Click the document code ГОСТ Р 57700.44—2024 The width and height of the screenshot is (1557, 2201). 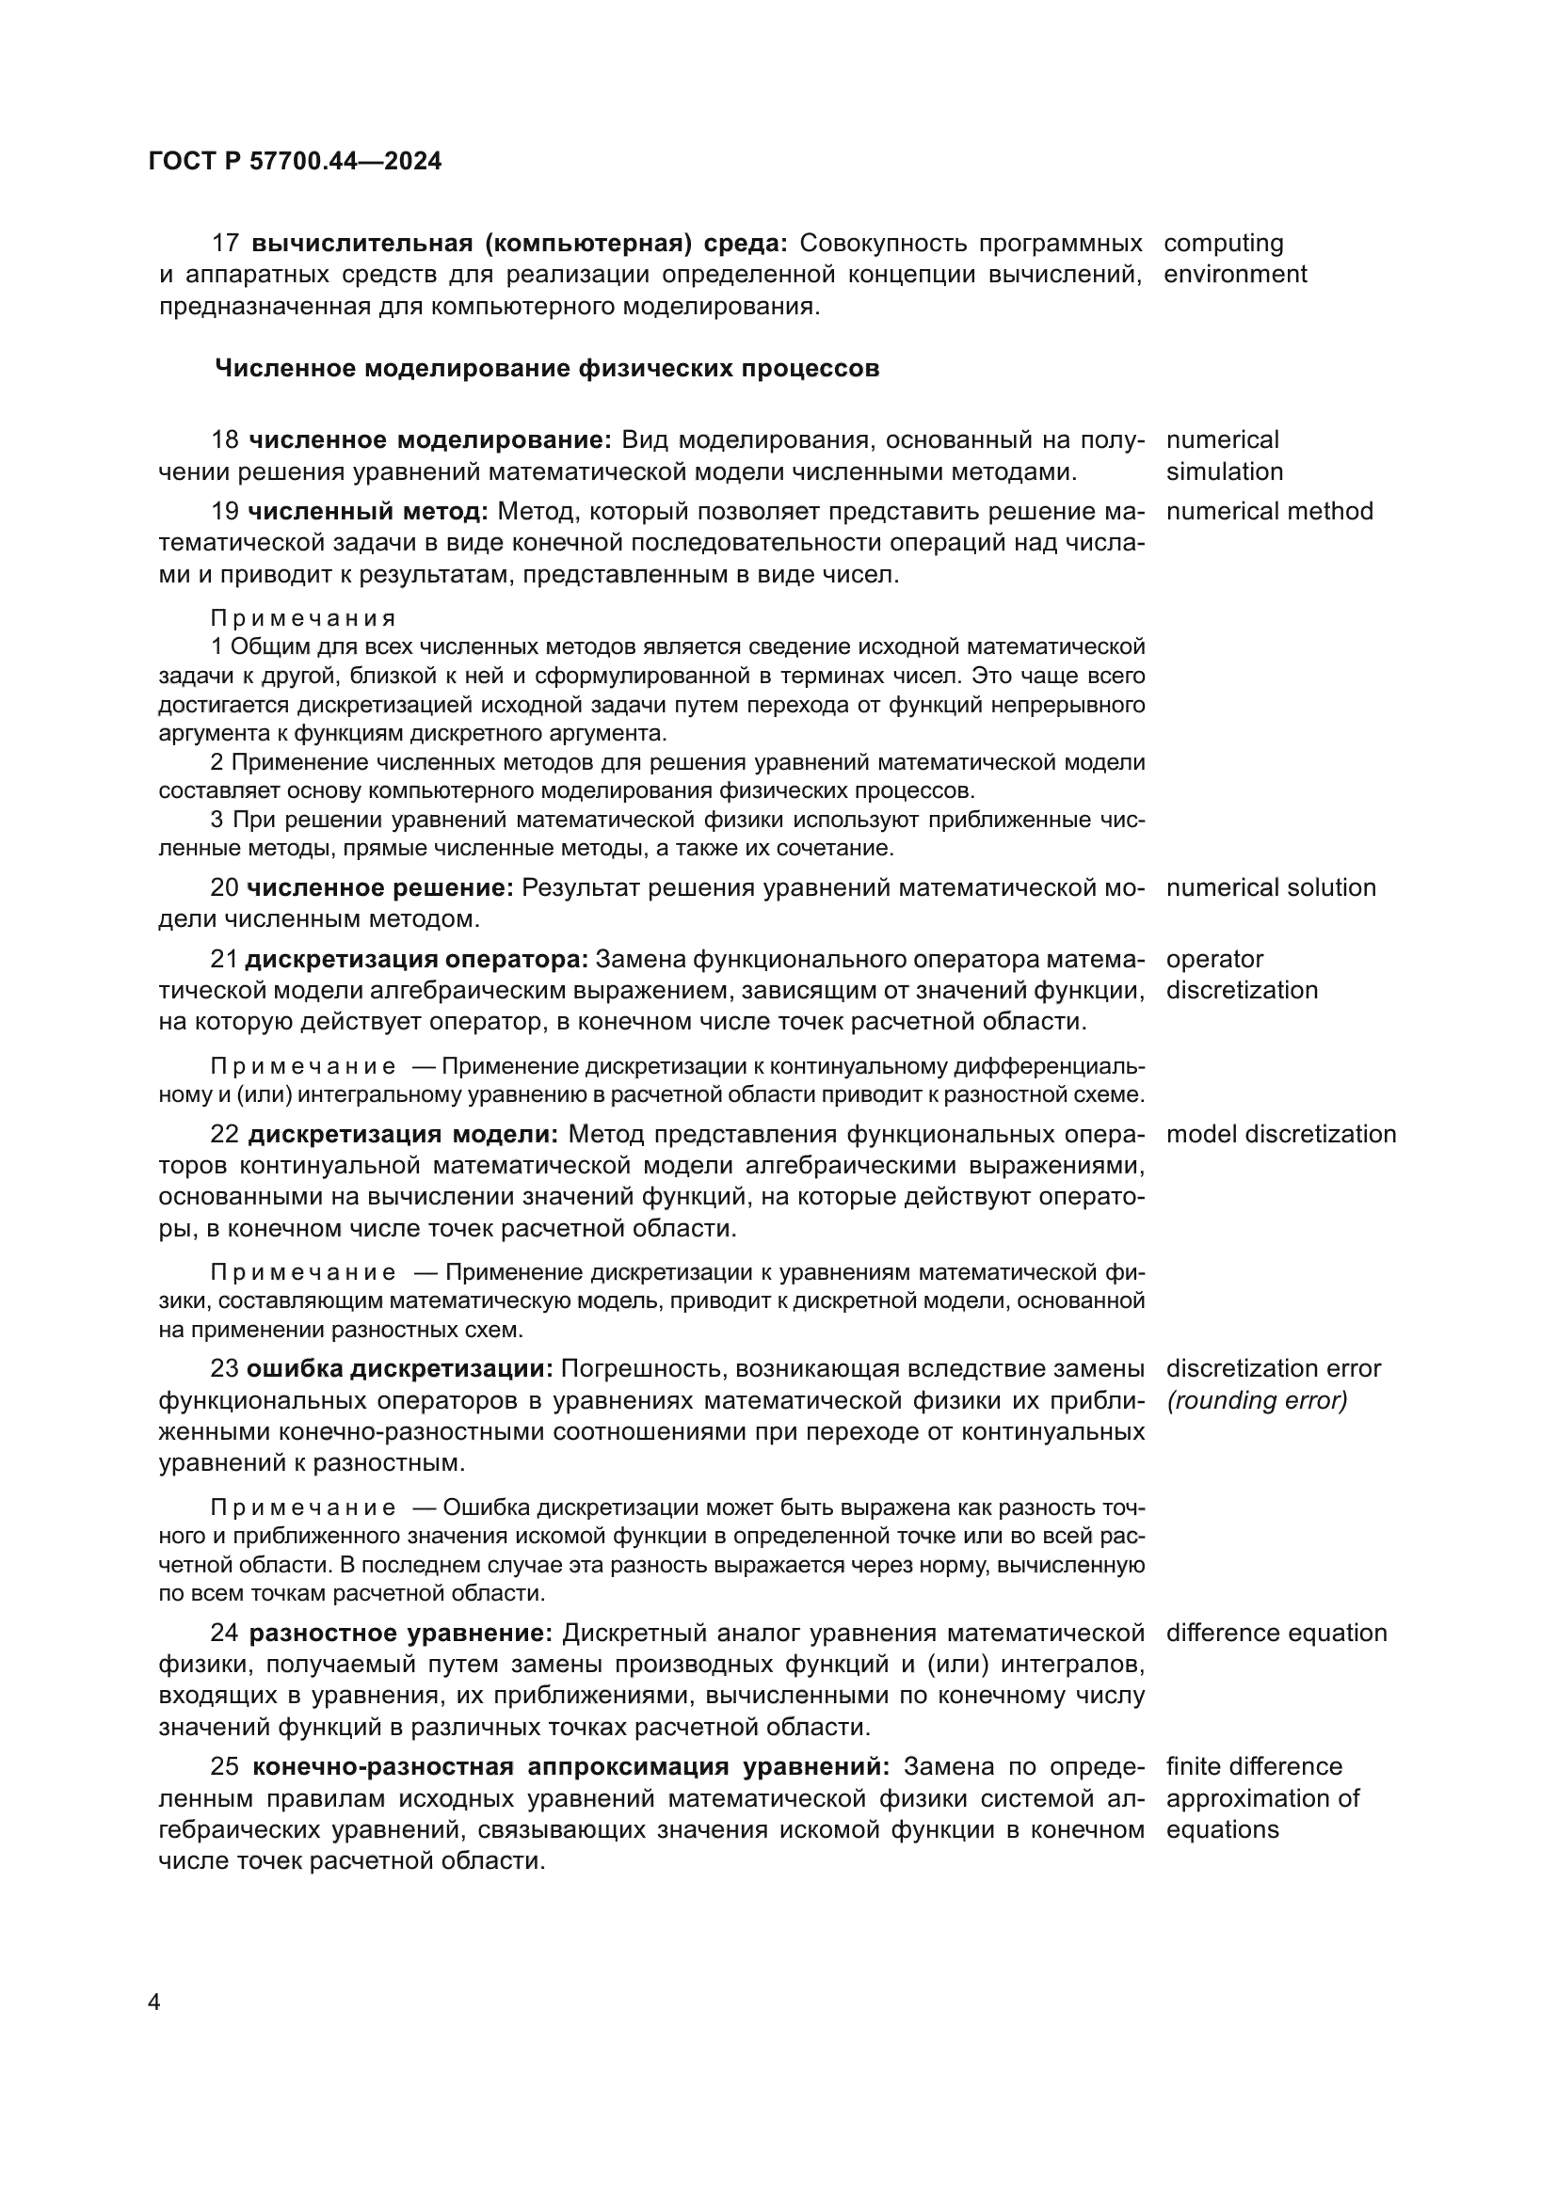(x=296, y=161)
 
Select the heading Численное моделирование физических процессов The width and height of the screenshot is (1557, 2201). (x=547, y=369)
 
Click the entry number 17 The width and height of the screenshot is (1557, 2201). (x=224, y=244)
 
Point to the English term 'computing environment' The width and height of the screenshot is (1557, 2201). (x=1234, y=259)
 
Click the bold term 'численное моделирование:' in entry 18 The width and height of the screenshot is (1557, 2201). (x=429, y=440)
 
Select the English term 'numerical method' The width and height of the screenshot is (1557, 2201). (x=1269, y=511)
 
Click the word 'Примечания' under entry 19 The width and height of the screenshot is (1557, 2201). (x=303, y=618)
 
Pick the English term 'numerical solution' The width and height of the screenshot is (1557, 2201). (x=1270, y=887)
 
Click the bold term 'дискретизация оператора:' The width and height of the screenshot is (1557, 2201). (x=416, y=960)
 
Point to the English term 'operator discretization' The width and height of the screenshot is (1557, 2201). (x=1241, y=975)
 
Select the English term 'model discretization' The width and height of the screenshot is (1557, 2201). (x=1281, y=1134)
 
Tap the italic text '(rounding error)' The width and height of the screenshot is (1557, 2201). (x=1257, y=1400)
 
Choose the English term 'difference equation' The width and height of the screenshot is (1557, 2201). (x=1276, y=1633)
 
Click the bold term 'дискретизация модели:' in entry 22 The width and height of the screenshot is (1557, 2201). (x=403, y=1135)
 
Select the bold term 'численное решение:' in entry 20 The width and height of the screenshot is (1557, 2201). (x=380, y=888)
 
